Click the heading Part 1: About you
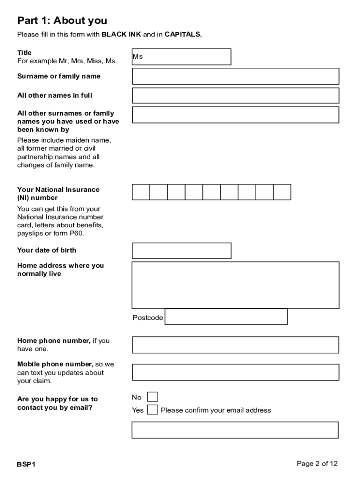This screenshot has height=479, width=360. point(62,21)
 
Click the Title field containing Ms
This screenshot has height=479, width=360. point(181,57)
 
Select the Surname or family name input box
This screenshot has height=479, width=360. point(235,76)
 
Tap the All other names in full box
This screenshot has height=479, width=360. point(235,95)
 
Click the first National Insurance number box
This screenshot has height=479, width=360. point(141,192)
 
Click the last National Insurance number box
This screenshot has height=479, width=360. point(282,192)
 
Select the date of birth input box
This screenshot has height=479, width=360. point(181,251)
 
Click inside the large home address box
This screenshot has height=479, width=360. point(235,285)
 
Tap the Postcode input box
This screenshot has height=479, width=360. point(226,317)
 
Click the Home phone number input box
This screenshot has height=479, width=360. point(235,345)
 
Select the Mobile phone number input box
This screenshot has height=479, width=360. point(235,372)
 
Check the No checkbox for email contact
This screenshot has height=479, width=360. point(152,397)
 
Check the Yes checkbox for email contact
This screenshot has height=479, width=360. point(152,410)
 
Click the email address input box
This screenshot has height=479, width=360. point(235,430)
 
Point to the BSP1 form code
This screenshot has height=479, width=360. point(27,464)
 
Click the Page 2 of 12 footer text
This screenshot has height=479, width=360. point(317,464)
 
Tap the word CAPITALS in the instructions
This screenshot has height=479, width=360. point(183,35)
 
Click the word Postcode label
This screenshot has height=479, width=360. point(148,318)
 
